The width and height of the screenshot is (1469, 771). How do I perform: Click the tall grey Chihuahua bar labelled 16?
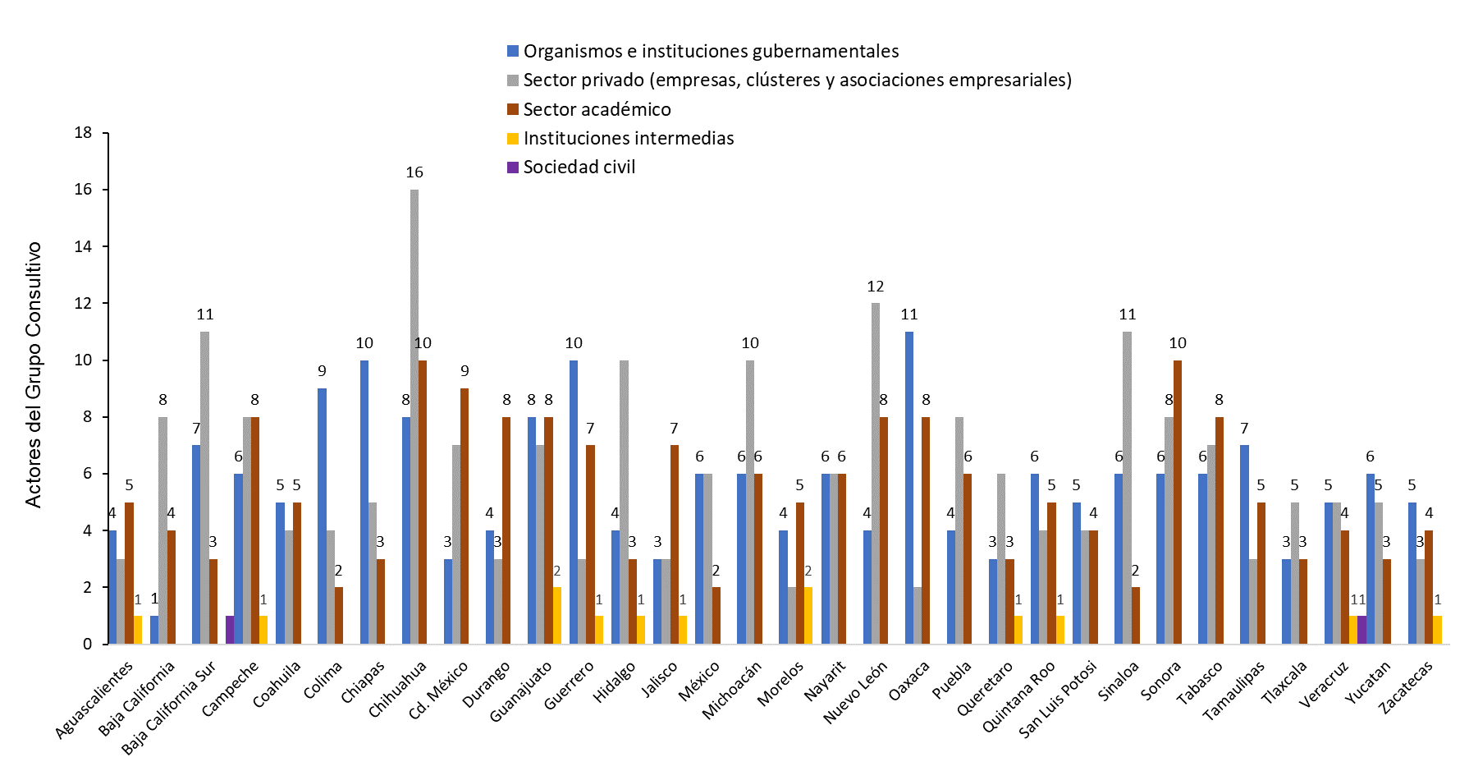tap(414, 416)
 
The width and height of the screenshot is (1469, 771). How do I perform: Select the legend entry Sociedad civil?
tap(579, 168)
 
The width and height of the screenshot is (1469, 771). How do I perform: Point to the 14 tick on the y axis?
tap(83, 246)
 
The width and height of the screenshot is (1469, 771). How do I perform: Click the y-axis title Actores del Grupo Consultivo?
tap(33, 374)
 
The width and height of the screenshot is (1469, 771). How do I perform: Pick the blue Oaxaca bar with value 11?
tap(909, 488)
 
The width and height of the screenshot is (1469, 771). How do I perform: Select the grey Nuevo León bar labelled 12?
tap(876, 474)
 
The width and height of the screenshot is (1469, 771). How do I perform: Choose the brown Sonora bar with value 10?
tap(1178, 502)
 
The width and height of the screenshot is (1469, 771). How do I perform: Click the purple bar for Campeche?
tap(230, 630)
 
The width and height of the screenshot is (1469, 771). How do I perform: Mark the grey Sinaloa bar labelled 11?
tap(1127, 488)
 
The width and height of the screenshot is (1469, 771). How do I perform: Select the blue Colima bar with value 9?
tap(322, 516)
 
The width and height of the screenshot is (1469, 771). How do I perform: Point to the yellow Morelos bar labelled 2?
tap(808, 616)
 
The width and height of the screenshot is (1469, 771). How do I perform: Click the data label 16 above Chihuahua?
tap(414, 172)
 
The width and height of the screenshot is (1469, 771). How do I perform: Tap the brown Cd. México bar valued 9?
tap(464, 516)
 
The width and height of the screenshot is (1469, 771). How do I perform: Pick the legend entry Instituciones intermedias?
tap(628, 139)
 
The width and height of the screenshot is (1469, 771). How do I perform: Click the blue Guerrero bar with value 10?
tap(574, 502)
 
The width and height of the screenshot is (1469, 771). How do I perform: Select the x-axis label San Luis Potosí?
tap(1058, 699)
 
